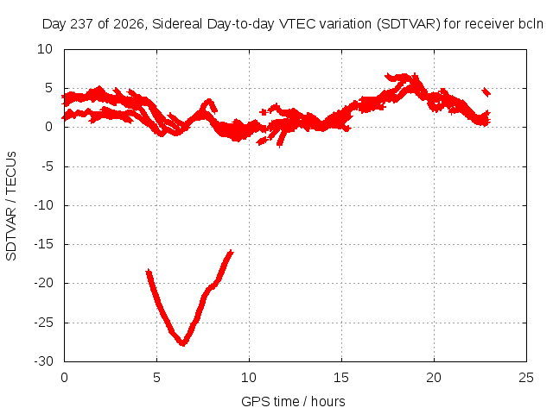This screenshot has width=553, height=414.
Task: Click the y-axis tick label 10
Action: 45,49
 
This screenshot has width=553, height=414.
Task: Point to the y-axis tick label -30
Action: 44,361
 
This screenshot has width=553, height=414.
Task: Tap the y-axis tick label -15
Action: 44,244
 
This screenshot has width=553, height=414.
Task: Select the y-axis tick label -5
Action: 48,166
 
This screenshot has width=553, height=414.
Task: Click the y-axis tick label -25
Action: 44,322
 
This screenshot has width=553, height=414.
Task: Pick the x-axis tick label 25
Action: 526,378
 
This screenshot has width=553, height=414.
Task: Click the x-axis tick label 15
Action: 341,378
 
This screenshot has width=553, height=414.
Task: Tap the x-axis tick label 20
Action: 434,378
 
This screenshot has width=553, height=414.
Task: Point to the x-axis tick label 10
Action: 249,378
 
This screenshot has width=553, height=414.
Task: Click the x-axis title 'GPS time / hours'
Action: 293,401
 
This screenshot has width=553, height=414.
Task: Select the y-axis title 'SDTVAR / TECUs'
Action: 11,206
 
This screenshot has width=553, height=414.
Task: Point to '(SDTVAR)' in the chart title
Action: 409,24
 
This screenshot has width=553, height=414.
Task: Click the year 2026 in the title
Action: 129,24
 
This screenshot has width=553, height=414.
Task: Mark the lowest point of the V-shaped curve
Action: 182,343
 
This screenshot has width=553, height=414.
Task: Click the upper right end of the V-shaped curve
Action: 232,251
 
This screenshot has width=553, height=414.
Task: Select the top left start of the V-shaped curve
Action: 149,271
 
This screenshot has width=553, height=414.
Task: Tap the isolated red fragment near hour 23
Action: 486,92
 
